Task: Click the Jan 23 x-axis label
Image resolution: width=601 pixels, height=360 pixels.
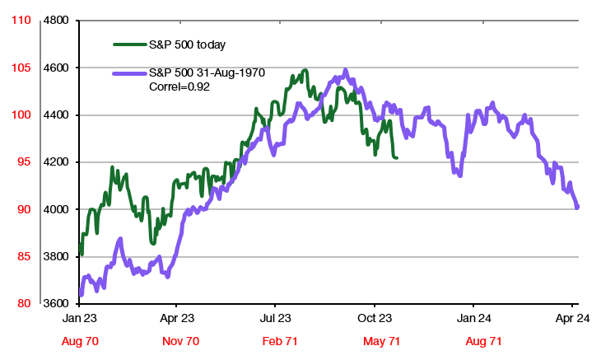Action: pyautogui.click(x=80, y=317)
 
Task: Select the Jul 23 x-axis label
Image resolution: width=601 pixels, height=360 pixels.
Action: pyautogui.click(x=277, y=317)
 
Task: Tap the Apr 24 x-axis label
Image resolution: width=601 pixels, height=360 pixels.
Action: pyautogui.click(x=570, y=317)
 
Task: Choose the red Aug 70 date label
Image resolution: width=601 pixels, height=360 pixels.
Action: pyautogui.click(x=80, y=340)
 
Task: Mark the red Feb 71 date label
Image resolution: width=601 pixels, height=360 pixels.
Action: pyautogui.click(x=277, y=340)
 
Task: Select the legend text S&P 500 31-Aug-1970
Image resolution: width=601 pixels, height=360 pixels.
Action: pyautogui.click(x=207, y=73)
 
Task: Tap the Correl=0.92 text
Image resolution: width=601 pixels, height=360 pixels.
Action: pyautogui.click(x=179, y=86)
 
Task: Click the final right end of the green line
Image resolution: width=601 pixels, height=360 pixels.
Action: pyautogui.click(x=398, y=157)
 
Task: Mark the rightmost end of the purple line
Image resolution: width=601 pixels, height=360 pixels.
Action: pyautogui.click(x=577, y=207)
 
